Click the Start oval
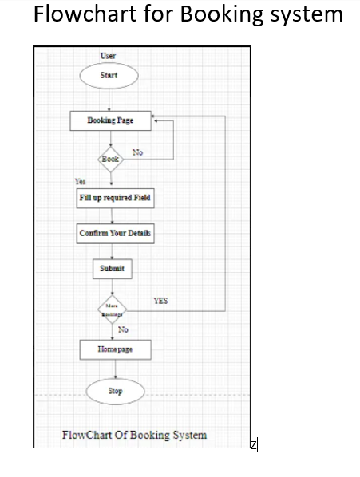tap(109, 76)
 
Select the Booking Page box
tap(110, 120)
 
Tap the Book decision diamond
tap(110, 159)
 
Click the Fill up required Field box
tap(114, 198)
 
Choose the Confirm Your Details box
tap(115, 234)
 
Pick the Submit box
tap(112, 269)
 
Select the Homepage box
tap(115, 349)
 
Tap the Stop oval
tap(116, 392)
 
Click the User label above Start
tap(108, 55)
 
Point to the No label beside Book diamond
tap(137, 152)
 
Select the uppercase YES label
tap(160, 301)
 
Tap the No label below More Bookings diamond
tap(123, 329)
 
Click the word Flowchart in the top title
tap(80, 15)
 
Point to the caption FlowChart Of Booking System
tap(134, 435)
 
